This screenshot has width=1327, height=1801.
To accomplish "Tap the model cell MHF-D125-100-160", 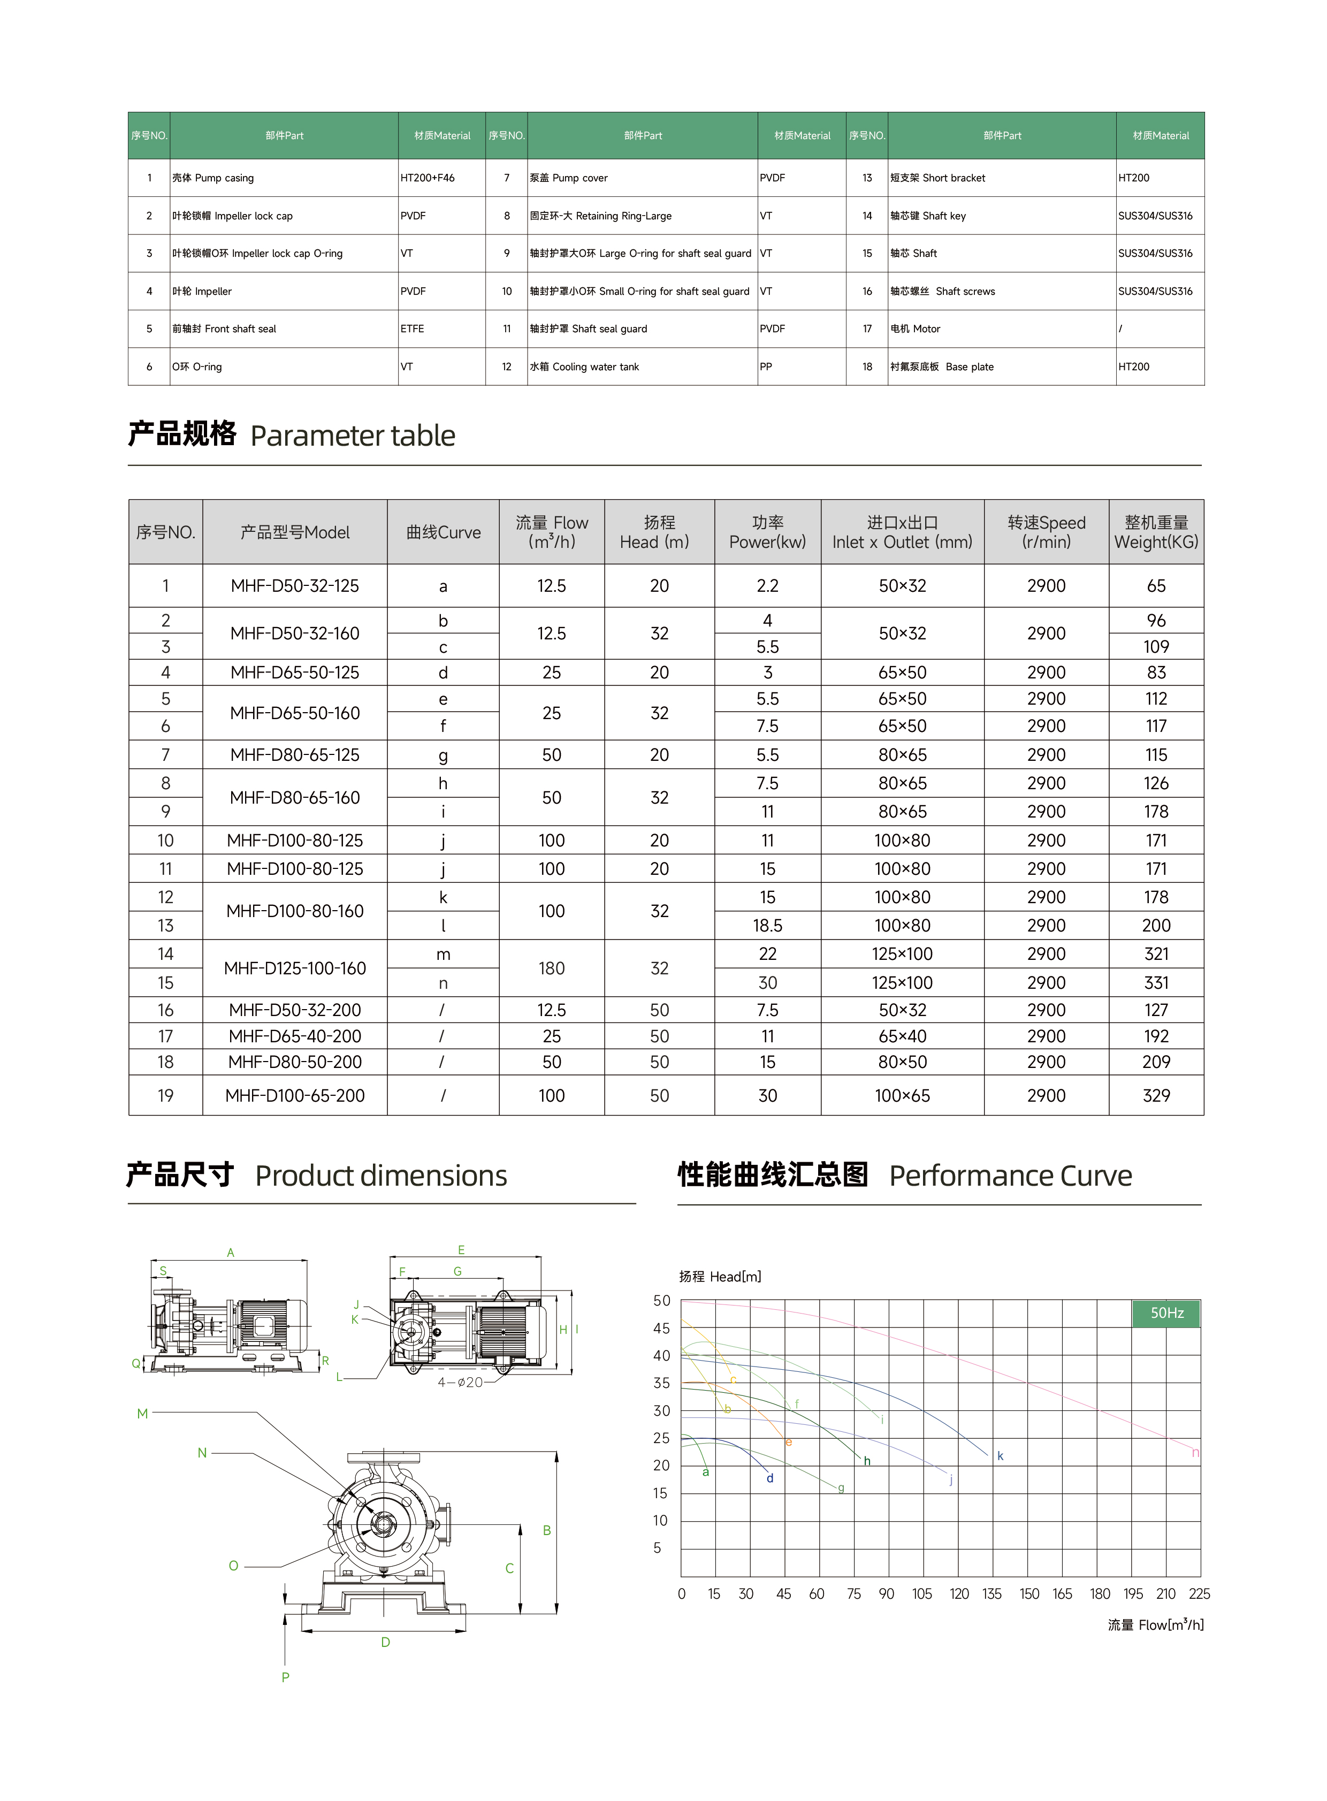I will point(295,968).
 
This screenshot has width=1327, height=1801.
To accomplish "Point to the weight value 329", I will point(1156,1096).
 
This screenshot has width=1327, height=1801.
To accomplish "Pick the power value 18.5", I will point(767,926).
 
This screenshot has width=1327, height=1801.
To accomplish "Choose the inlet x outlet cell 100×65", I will point(902,1096).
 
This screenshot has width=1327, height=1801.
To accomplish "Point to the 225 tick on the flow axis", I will point(1199,1594).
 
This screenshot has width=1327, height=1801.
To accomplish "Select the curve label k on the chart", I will point(1000,1455).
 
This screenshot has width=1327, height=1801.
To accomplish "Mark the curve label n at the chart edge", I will point(1195,1452).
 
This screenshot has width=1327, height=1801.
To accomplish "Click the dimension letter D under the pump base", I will point(386,1642).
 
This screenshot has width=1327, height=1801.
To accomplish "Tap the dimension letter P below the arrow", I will point(285,1677).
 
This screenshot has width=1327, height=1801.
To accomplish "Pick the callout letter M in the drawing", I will point(142,1414).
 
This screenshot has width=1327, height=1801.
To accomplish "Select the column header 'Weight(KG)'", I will point(1156,532).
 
